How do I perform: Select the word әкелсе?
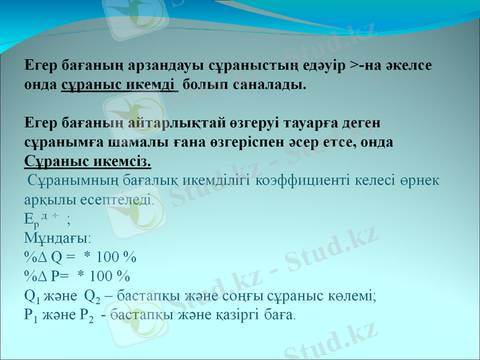(x=415, y=65)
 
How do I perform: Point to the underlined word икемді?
(x=151, y=84)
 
